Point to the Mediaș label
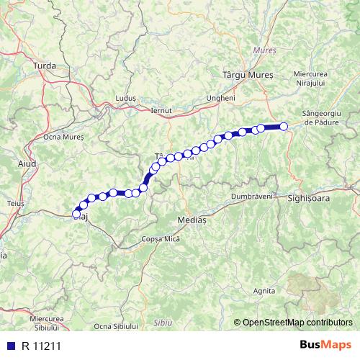tap(191, 220)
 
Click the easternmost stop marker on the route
tap(284, 127)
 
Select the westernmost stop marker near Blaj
tap(76, 213)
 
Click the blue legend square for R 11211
tap(9, 346)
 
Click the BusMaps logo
tap(325, 346)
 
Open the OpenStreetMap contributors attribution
tap(297, 323)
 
